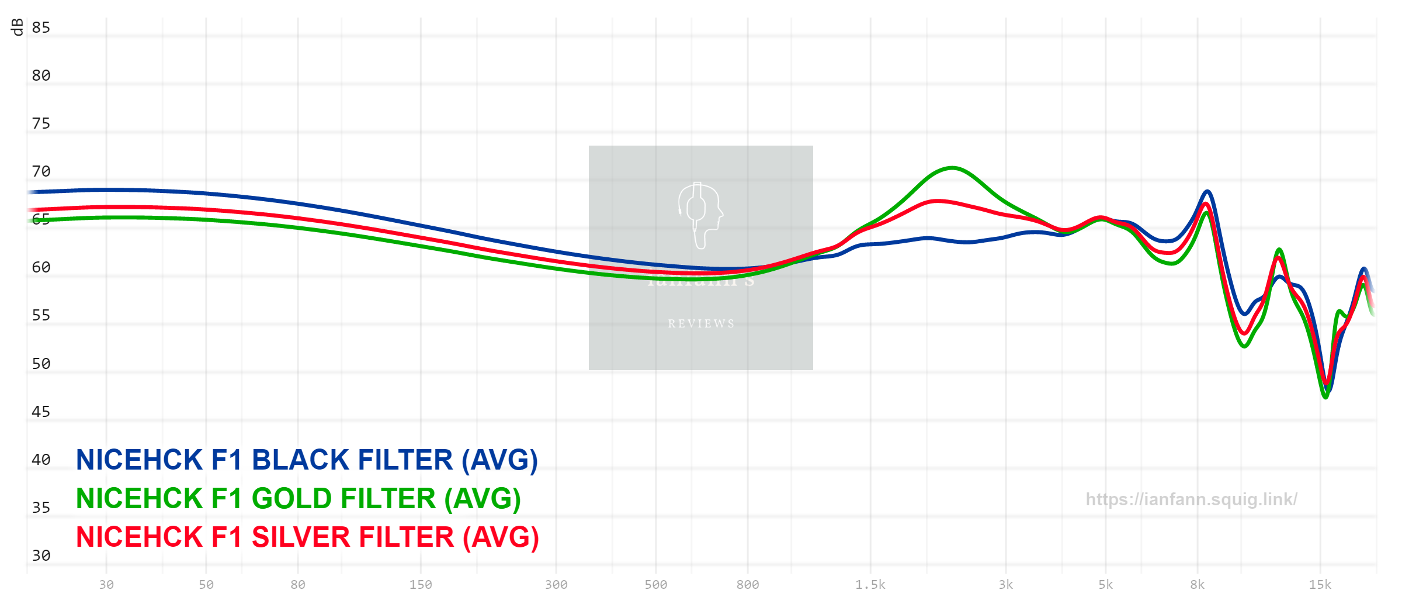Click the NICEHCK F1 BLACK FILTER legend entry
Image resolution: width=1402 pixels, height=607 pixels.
(x=307, y=460)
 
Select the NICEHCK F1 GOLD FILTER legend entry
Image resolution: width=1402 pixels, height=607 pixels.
(x=298, y=499)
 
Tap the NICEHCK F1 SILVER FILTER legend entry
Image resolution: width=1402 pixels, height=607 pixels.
(x=307, y=537)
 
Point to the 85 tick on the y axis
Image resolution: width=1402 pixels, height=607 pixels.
(x=41, y=27)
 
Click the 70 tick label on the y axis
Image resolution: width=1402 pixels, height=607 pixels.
(x=41, y=171)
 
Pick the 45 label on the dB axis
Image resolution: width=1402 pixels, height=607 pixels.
(x=41, y=412)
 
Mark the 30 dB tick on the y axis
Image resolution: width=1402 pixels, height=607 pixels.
(x=41, y=556)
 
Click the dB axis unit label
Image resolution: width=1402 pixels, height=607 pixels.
(x=18, y=27)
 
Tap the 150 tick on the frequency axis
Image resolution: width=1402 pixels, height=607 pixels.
(x=421, y=585)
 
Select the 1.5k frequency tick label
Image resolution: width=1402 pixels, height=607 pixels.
(x=870, y=585)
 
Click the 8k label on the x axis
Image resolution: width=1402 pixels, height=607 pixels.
(x=1198, y=585)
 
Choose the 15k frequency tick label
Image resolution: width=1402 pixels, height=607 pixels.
(x=1320, y=585)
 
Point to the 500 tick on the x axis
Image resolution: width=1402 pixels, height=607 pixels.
(x=655, y=585)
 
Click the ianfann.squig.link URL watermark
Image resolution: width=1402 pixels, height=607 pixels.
(x=1191, y=499)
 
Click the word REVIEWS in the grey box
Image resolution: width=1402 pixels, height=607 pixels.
(x=701, y=323)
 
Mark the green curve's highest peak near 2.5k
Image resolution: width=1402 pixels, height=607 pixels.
(x=952, y=168)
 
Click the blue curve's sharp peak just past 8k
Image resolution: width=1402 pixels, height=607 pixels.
(x=1207, y=191)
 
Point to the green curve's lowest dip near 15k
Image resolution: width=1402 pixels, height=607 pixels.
(x=1325, y=398)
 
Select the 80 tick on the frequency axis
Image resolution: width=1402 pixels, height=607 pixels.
(x=298, y=585)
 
